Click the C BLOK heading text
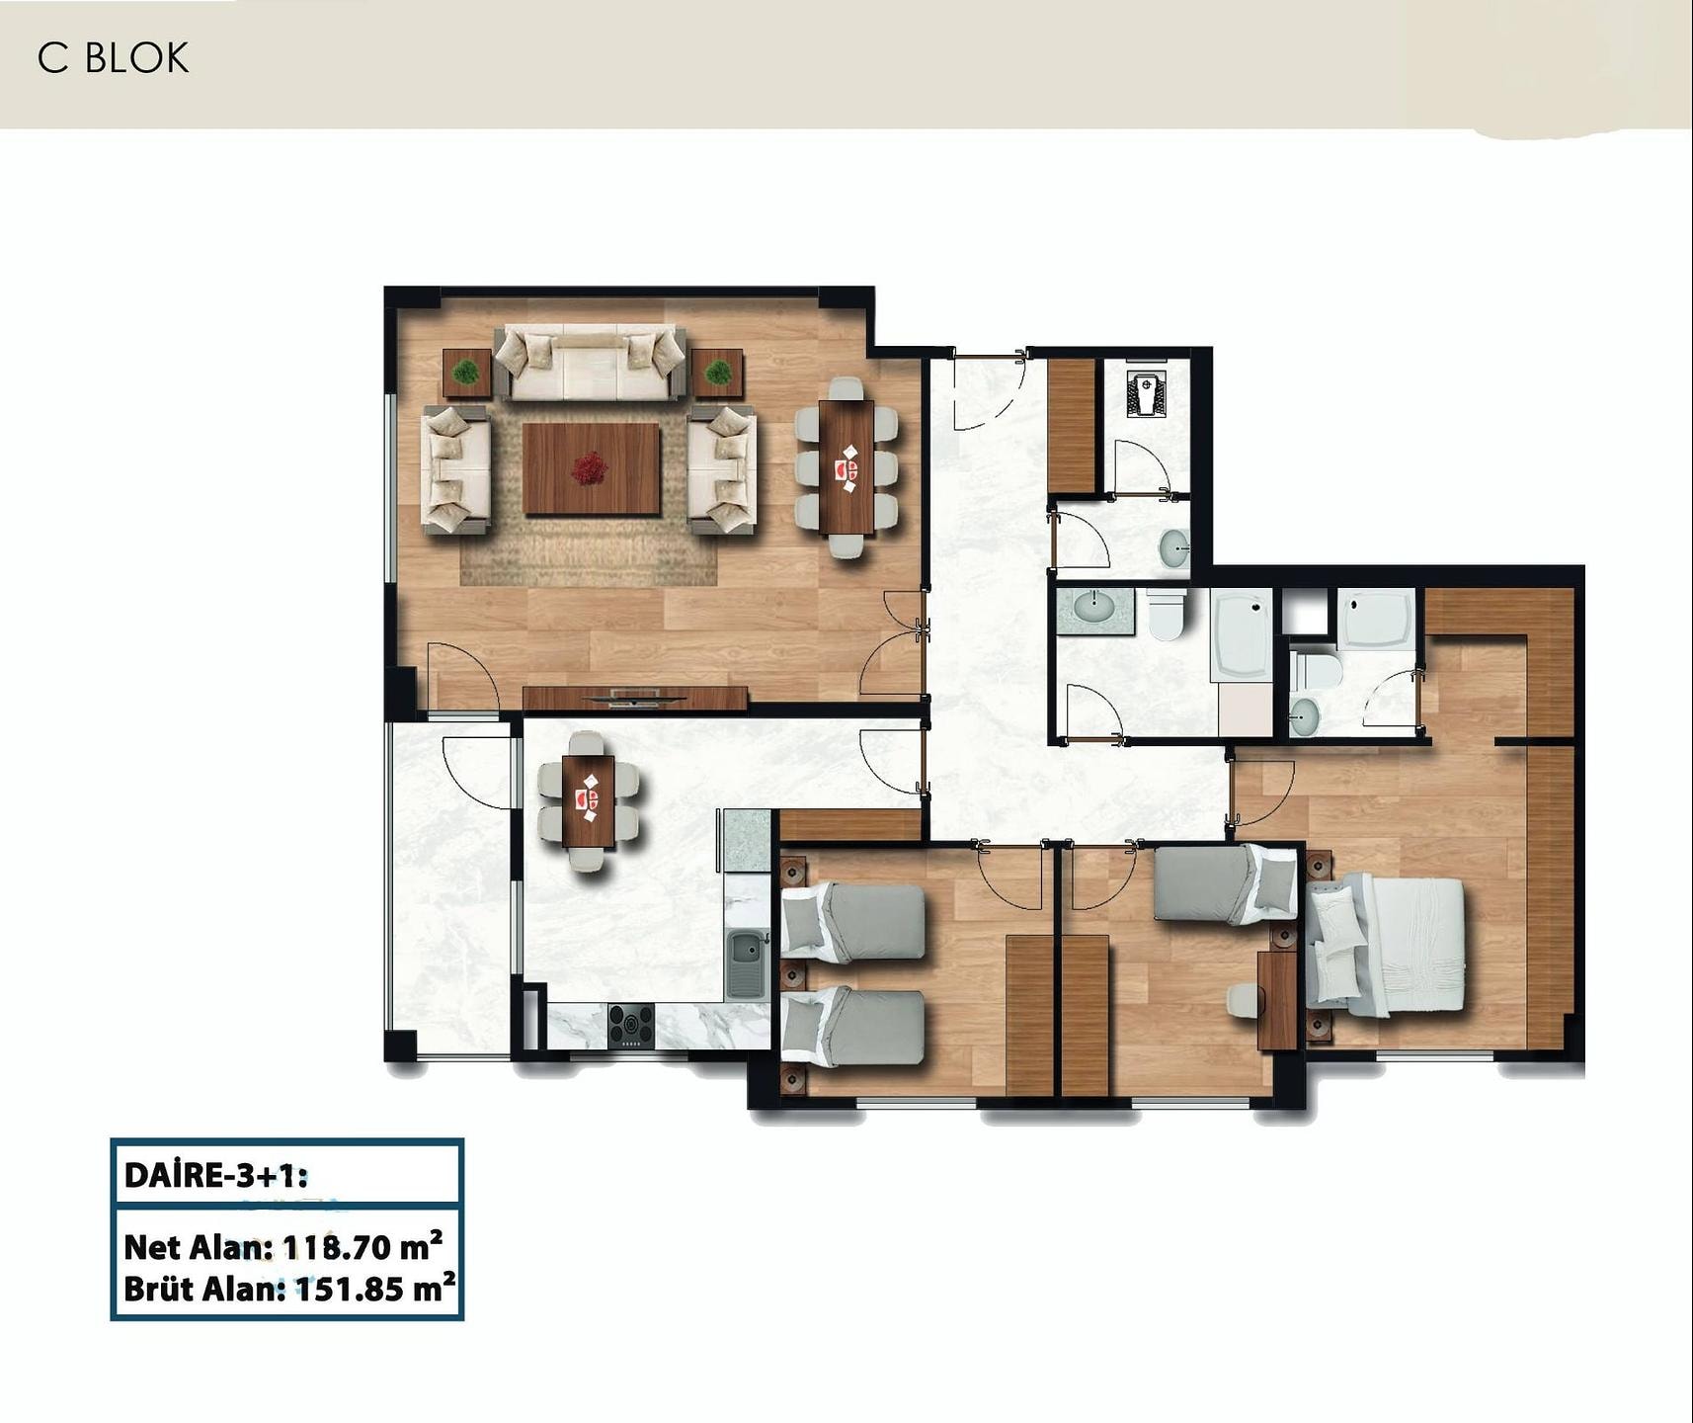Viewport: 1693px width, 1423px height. click(113, 58)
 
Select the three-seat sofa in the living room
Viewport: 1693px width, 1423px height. click(591, 363)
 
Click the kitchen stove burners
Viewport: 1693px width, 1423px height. click(630, 1025)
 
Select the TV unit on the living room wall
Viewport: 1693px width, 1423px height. click(635, 698)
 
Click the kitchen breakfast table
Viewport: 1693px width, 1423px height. click(589, 800)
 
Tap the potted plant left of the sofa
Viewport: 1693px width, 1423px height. click(466, 373)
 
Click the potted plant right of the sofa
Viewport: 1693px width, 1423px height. click(718, 373)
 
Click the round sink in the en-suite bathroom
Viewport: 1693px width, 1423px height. click(1305, 712)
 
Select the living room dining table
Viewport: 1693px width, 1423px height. click(846, 467)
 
